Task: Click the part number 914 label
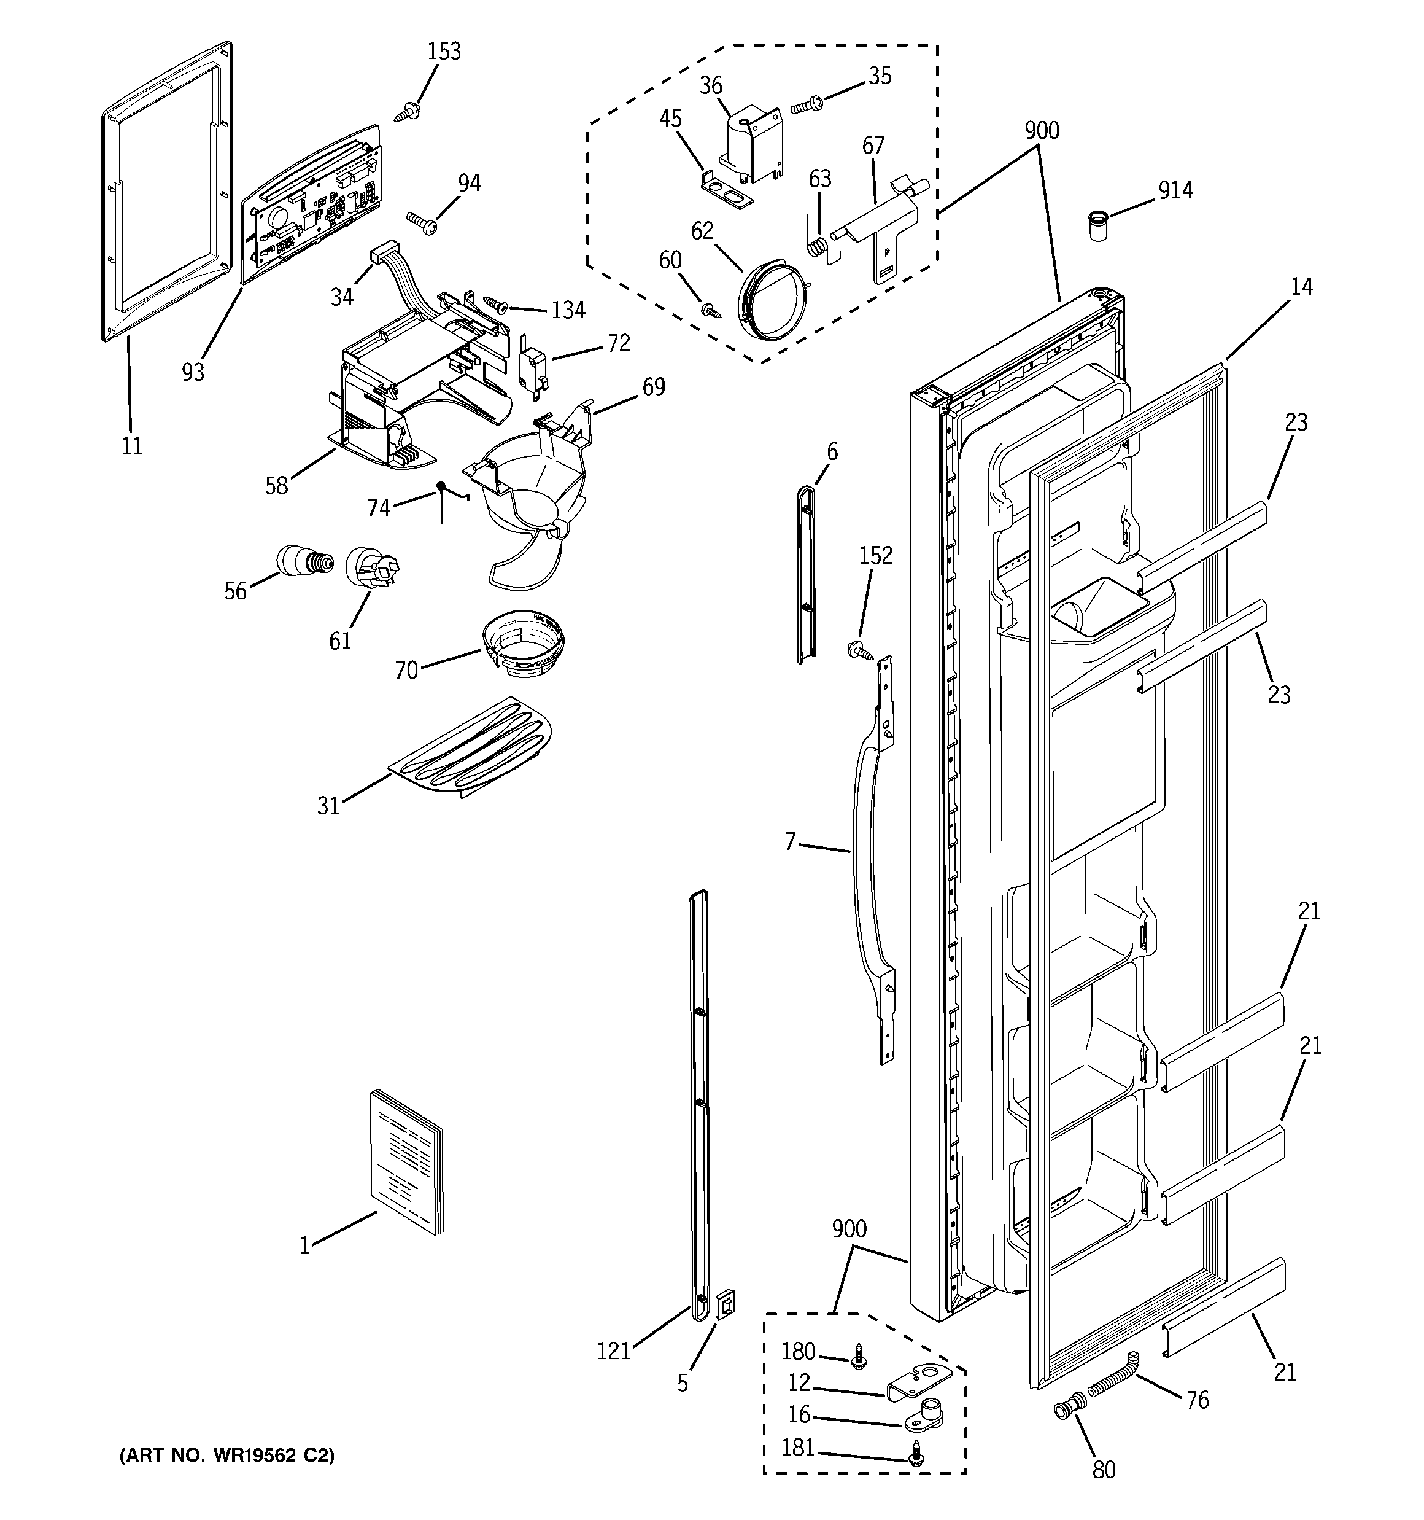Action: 1175,190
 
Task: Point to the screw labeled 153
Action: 406,112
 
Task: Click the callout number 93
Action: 193,372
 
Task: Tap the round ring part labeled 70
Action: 524,642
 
